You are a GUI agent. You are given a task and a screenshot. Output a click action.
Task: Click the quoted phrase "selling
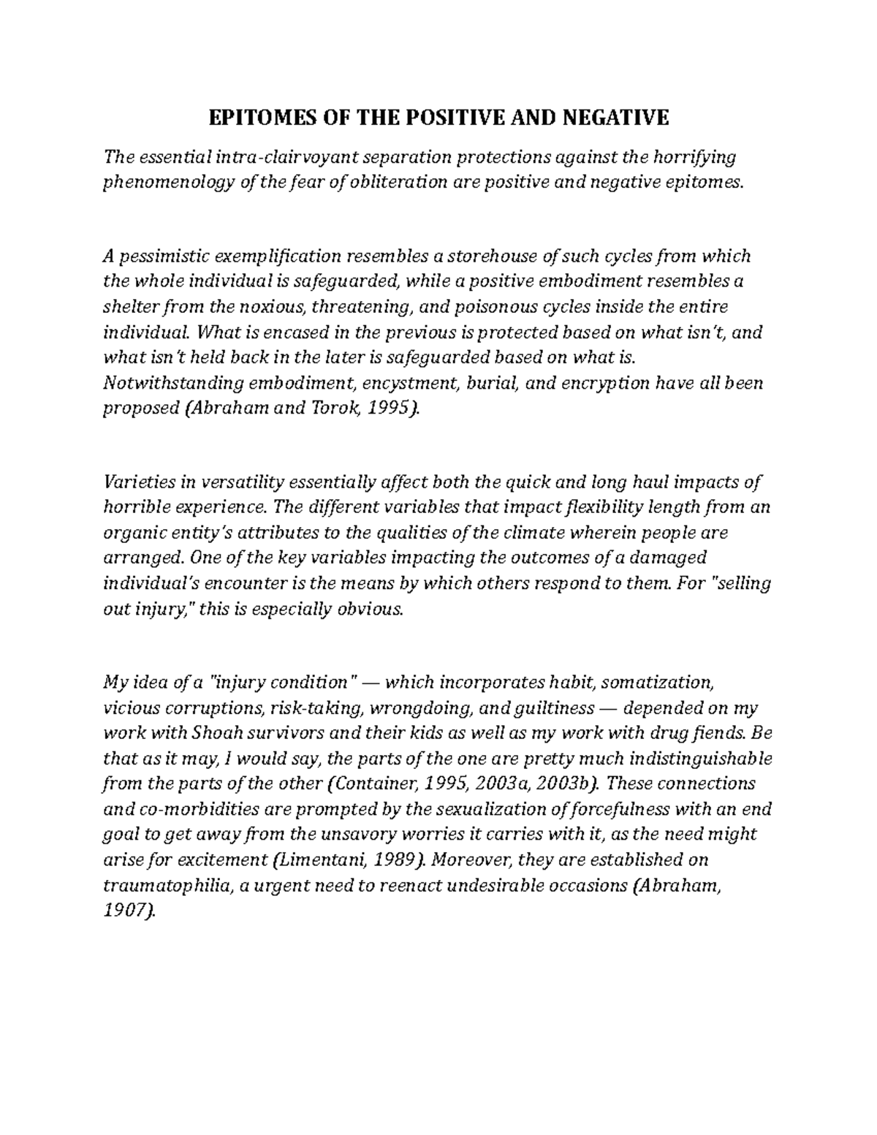tap(738, 584)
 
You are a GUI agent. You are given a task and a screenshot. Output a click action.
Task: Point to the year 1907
tap(129, 911)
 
